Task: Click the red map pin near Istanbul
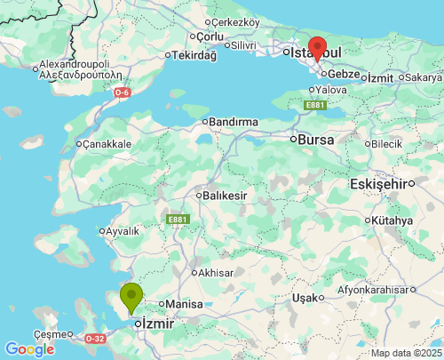(317, 48)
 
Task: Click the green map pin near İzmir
(131, 296)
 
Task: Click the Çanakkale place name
(108, 143)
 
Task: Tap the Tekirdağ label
(194, 55)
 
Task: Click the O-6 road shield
(123, 92)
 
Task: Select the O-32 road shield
(94, 339)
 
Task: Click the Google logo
(29, 349)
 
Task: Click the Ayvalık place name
(123, 231)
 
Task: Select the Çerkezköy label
(235, 22)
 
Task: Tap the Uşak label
(305, 297)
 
